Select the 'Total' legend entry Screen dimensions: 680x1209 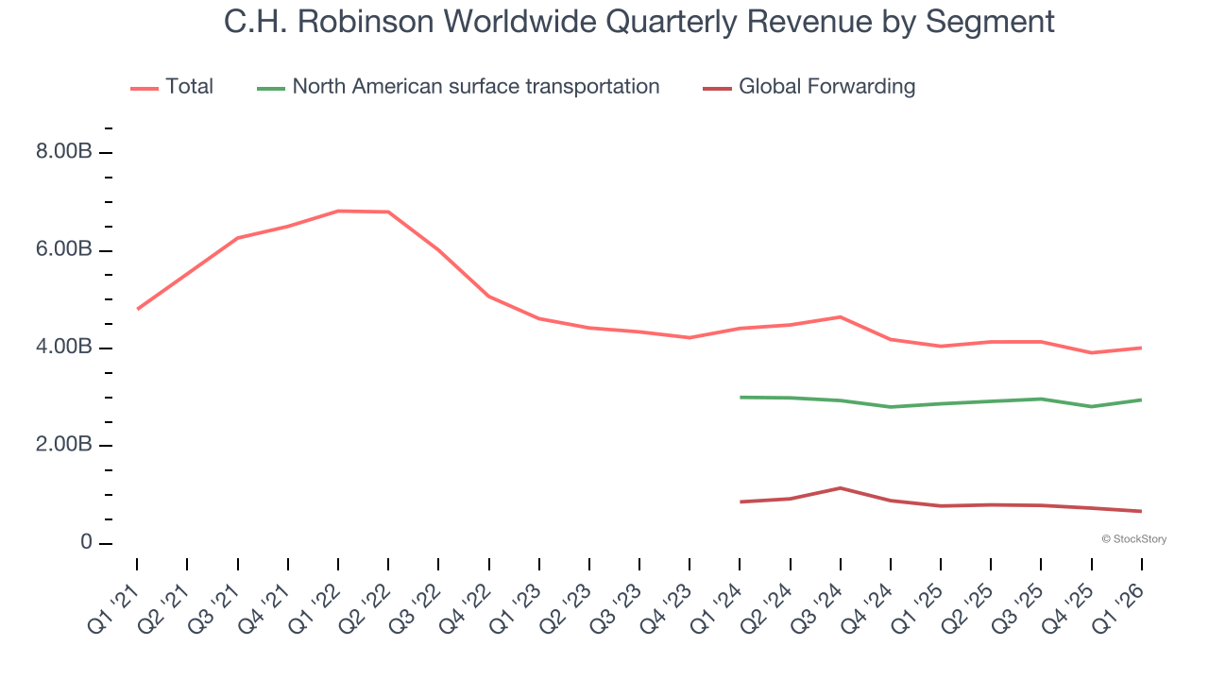click(x=189, y=87)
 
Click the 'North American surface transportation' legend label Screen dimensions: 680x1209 click(x=475, y=87)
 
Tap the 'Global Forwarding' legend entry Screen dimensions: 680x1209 click(x=826, y=87)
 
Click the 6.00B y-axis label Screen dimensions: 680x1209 click(x=63, y=250)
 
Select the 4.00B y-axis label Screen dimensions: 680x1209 click(x=63, y=348)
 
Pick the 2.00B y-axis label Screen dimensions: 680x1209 click(x=63, y=446)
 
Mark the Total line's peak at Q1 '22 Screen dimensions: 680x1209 click(x=338, y=211)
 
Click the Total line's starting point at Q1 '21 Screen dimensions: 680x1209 click(x=138, y=309)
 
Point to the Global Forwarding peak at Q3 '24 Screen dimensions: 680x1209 click(x=841, y=488)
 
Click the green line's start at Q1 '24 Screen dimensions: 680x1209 click(x=741, y=398)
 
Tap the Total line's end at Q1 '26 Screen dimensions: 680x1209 click(x=1141, y=348)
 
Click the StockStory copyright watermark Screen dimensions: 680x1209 click(x=1133, y=539)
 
